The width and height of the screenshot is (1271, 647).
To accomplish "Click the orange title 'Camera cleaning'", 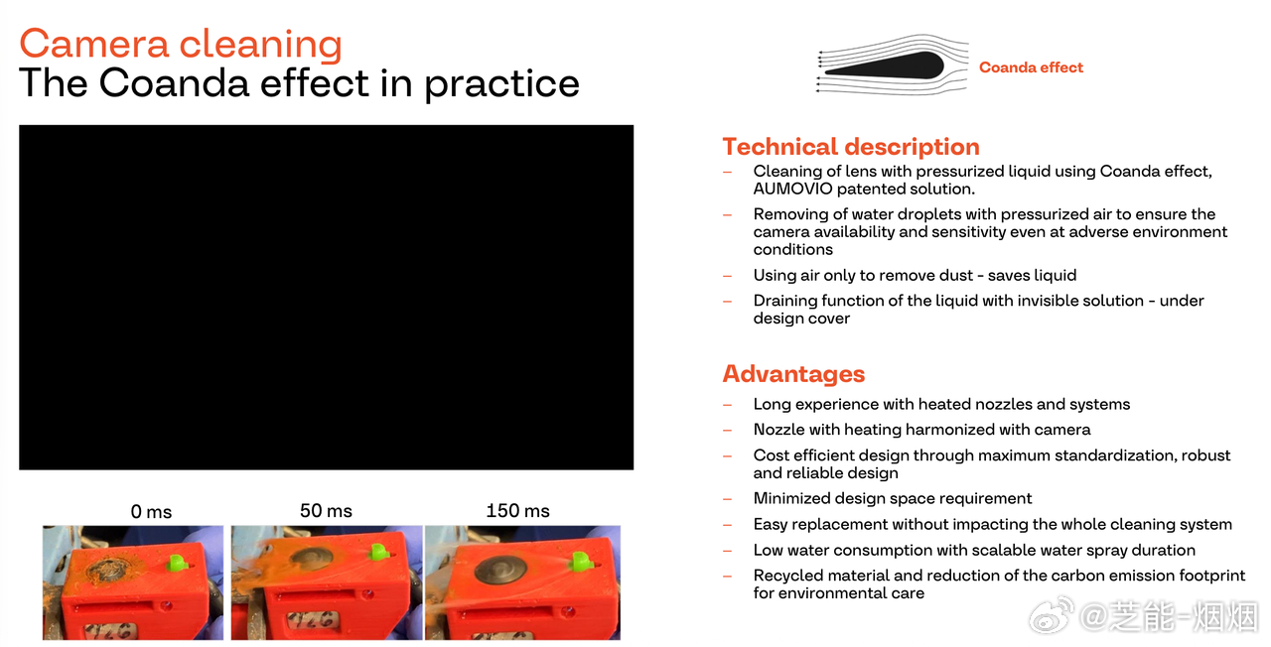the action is (x=181, y=45).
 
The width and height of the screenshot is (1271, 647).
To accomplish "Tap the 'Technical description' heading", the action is (x=851, y=147).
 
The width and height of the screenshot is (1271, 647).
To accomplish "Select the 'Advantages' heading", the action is (x=793, y=374).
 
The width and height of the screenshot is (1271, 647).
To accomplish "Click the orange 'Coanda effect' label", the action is (x=1031, y=67).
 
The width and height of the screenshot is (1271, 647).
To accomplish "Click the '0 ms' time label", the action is (x=151, y=511).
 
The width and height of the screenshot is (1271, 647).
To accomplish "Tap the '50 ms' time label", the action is (x=327, y=510).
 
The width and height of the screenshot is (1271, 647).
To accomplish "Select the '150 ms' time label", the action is (x=518, y=510).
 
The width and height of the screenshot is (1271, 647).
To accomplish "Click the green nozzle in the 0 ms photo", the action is (x=177, y=563).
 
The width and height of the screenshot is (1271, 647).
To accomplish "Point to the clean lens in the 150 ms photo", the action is (x=499, y=570).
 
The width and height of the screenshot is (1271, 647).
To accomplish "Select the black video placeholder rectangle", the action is (x=327, y=297).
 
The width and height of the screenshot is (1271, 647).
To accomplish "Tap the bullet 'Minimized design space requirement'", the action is (x=892, y=498).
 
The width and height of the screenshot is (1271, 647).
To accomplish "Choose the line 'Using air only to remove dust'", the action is (x=863, y=276).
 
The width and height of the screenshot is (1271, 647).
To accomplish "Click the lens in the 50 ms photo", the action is (x=311, y=557).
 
